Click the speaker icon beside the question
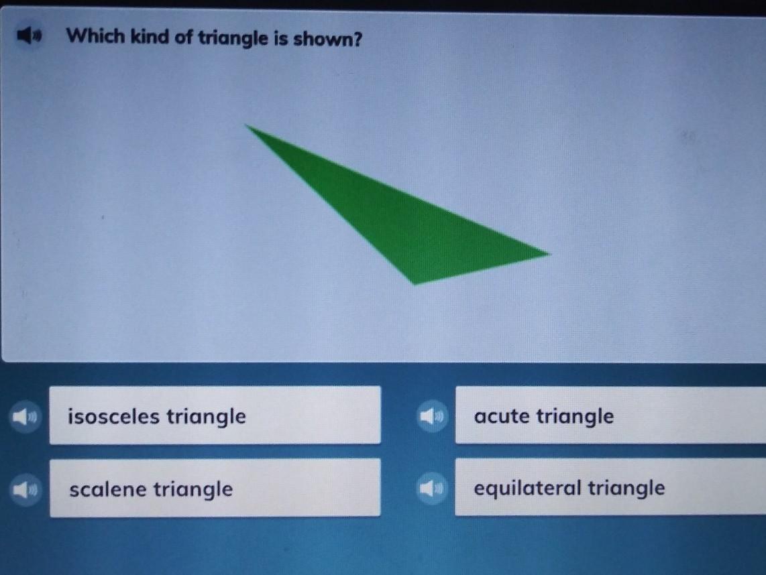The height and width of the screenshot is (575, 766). (x=30, y=35)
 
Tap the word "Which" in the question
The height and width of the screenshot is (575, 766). (x=95, y=36)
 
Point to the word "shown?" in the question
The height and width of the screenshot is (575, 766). (x=328, y=39)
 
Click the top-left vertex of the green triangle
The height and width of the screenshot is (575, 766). (x=245, y=125)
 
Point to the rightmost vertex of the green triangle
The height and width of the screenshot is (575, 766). (x=550, y=253)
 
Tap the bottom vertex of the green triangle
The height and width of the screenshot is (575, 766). (x=415, y=284)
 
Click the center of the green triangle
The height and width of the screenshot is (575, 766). (x=404, y=221)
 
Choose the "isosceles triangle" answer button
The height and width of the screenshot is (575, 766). (x=215, y=416)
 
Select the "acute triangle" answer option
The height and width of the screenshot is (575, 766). (x=610, y=416)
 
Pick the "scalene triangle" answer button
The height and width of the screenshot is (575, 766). (x=215, y=488)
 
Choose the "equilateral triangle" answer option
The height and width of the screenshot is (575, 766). (x=610, y=487)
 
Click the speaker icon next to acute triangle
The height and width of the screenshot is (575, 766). (x=433, y=416)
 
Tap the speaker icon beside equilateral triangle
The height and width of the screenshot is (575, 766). (x=432, y=488)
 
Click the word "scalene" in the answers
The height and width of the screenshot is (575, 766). (x=108, y=489)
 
